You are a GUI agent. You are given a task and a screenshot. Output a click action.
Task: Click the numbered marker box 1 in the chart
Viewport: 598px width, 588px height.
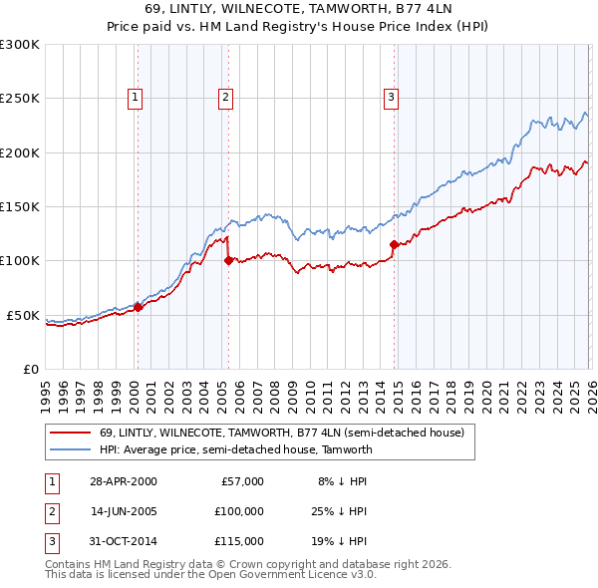tap(135, 98)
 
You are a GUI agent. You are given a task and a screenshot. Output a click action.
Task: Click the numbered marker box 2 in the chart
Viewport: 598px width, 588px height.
tap(226, 98)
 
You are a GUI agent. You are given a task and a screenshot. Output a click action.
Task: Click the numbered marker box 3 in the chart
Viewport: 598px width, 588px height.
tap(391, 98)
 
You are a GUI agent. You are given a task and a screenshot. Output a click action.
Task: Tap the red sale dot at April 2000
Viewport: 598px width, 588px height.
tap(139, 307)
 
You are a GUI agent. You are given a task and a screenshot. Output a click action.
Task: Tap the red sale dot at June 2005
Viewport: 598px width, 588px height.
tap(228, 261)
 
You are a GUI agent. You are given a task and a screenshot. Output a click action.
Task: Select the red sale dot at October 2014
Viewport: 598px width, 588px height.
tap(394, 244)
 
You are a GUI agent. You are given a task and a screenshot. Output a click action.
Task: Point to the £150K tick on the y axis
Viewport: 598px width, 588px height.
tap(20, 206)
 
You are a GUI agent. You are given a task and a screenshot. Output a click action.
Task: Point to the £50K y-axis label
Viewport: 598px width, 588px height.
tap(23, 315)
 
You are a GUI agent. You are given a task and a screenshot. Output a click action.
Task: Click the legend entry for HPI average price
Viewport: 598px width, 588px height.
tap(235, 449)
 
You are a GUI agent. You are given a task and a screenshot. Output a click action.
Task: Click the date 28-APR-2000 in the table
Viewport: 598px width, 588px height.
tap(123, 481)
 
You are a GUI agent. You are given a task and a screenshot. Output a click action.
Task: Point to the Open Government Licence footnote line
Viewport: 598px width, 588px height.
tap(211, 575)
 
